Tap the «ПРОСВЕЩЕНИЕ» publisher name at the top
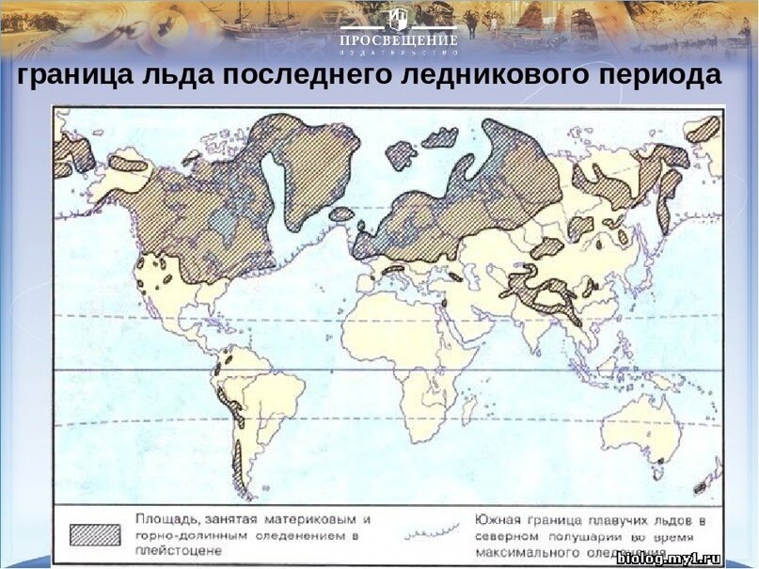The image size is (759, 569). point(398,41)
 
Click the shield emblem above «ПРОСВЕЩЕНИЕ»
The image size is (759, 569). point(398,20)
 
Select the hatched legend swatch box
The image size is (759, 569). point(96,533)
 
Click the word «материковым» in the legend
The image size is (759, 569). point(319,519)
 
